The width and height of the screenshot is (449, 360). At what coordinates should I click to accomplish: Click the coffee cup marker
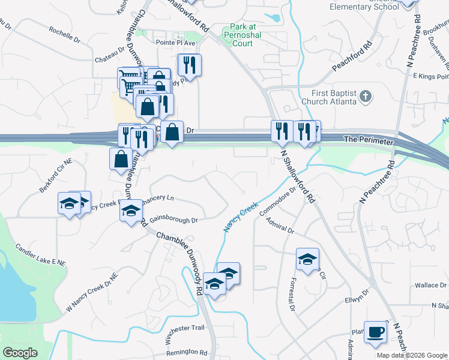tap(376, 332)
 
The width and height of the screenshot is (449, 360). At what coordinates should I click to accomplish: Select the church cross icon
tap(364, 96)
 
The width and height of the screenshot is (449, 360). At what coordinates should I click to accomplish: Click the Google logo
tap(20, 353)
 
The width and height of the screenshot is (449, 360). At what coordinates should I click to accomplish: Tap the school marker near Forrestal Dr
tap(307, 260)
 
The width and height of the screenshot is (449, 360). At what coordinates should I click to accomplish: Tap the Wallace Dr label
tap(430, 285)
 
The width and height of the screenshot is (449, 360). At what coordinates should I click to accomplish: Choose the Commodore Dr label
tap(278, 202)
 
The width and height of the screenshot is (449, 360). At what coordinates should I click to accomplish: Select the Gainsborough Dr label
tap(173, 220)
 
